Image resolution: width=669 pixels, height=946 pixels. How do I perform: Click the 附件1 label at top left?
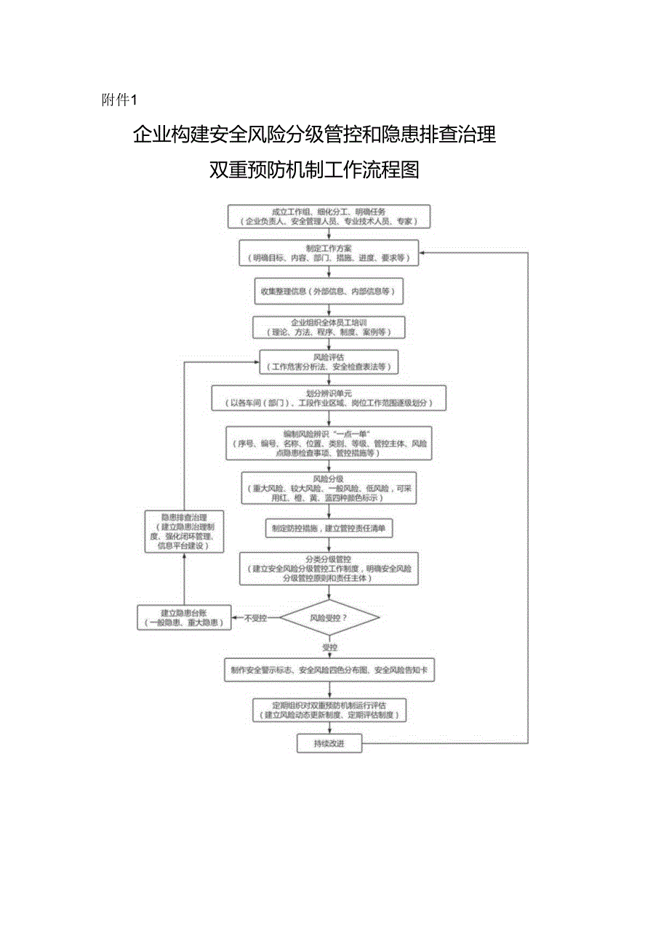pos(121,100)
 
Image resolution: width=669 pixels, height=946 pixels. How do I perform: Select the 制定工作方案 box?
pos(329,252)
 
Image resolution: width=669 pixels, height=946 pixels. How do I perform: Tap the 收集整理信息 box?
pos(329,291)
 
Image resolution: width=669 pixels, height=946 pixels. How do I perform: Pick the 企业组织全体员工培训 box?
pos(329,326)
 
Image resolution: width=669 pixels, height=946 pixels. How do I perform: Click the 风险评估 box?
pos(329,361)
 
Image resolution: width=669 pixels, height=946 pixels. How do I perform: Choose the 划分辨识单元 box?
pos(329,398)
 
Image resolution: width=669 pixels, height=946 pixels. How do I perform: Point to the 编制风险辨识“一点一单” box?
pos(329,442)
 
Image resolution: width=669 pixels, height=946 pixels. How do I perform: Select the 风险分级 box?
pos(329,487)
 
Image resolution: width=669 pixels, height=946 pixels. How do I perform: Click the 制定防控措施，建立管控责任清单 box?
pos(329,529)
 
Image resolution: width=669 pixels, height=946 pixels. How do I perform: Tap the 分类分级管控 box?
pos(329,569)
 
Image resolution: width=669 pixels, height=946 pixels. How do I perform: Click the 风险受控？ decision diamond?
pos(329,618)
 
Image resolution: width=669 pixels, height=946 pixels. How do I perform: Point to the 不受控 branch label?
pos(255,618)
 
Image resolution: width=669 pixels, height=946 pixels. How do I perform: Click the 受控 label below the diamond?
pos(329,646)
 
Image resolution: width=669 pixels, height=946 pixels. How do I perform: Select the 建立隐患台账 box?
pos(184,618)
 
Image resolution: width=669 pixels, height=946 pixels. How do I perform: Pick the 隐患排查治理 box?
pos(184,531)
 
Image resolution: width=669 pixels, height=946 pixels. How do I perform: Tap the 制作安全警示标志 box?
pos(329,671)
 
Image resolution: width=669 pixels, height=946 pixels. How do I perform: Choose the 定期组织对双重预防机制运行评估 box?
pos(329,710)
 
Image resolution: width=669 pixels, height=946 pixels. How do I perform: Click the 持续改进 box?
pos(329,743)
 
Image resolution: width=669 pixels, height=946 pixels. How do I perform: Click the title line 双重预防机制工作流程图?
pos(314,170)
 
